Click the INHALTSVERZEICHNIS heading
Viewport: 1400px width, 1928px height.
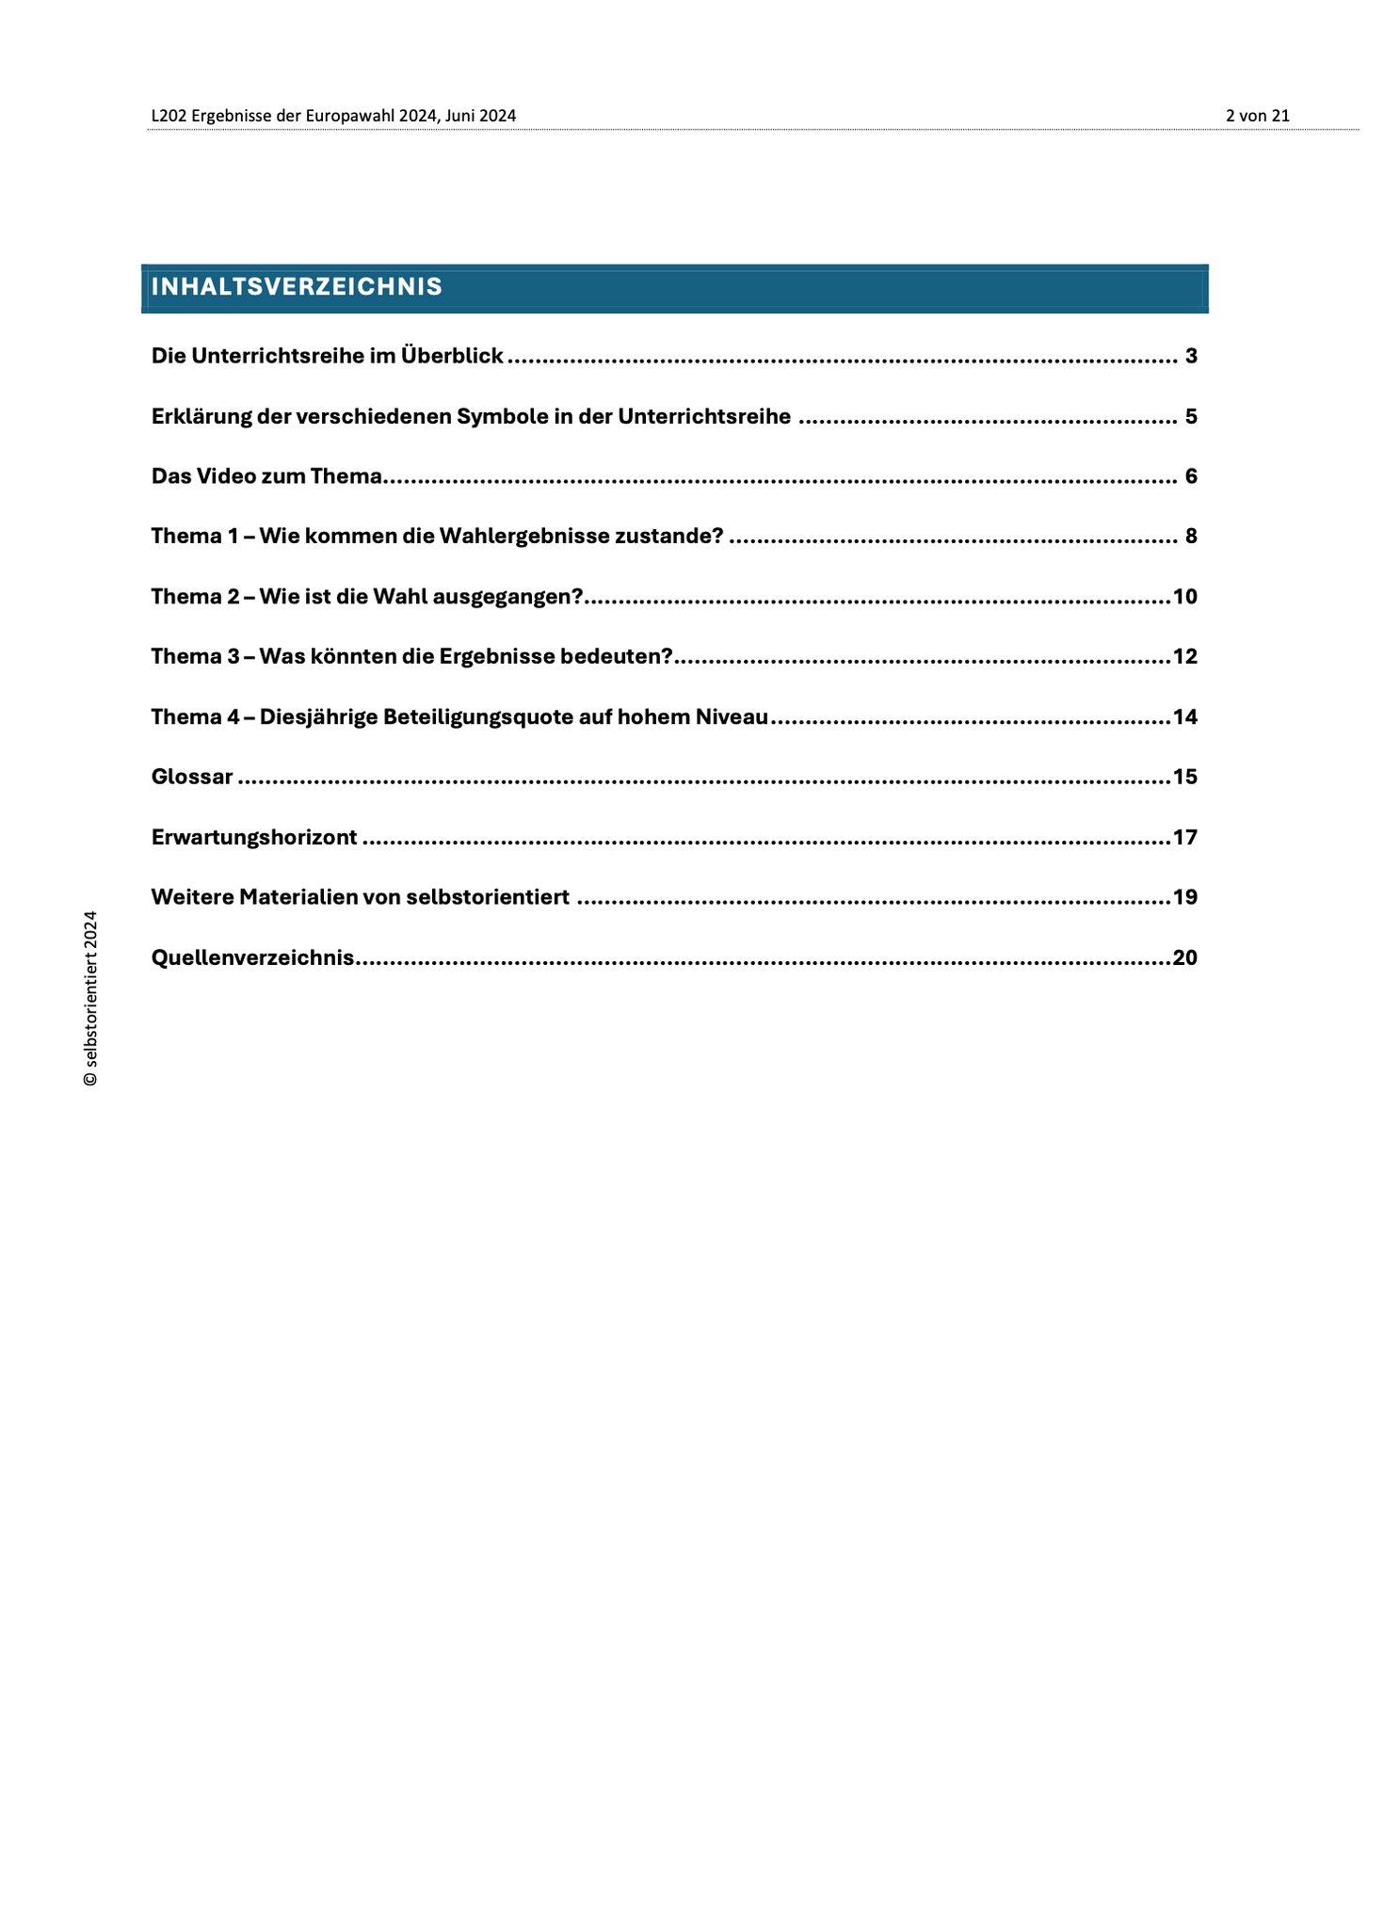tap(297, 287)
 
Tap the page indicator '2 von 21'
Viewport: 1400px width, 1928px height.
tap(1257, 116)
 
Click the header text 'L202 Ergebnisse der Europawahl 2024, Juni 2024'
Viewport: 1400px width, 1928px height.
tap(333, 116)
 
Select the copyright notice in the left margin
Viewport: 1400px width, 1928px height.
tap(90, 998)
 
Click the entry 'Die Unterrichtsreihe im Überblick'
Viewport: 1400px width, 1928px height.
tap(328, 357)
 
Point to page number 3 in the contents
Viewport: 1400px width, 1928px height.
tap(1191, 357)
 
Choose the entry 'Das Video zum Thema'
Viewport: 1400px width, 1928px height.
tap(266, 476)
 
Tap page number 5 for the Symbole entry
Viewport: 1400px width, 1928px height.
tap(1191, 417)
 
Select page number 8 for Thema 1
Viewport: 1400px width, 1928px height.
tap(1191, 537)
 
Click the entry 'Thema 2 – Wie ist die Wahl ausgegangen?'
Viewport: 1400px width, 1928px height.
tap(367, 597)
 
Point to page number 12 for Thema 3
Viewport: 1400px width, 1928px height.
tap(1185, 657)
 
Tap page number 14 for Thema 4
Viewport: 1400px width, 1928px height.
tap(1185, 717)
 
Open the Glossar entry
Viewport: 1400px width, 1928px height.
tap(192, 778)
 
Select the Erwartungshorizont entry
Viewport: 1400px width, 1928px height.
tap(254, 838)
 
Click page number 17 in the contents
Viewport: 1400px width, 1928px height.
tap(1185, 838)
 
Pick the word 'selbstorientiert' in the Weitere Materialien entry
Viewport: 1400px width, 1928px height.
tap(488, 897)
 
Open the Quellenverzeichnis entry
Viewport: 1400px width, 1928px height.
tap(252, 958)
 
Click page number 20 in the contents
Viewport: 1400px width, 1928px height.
tap(1185, 958)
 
